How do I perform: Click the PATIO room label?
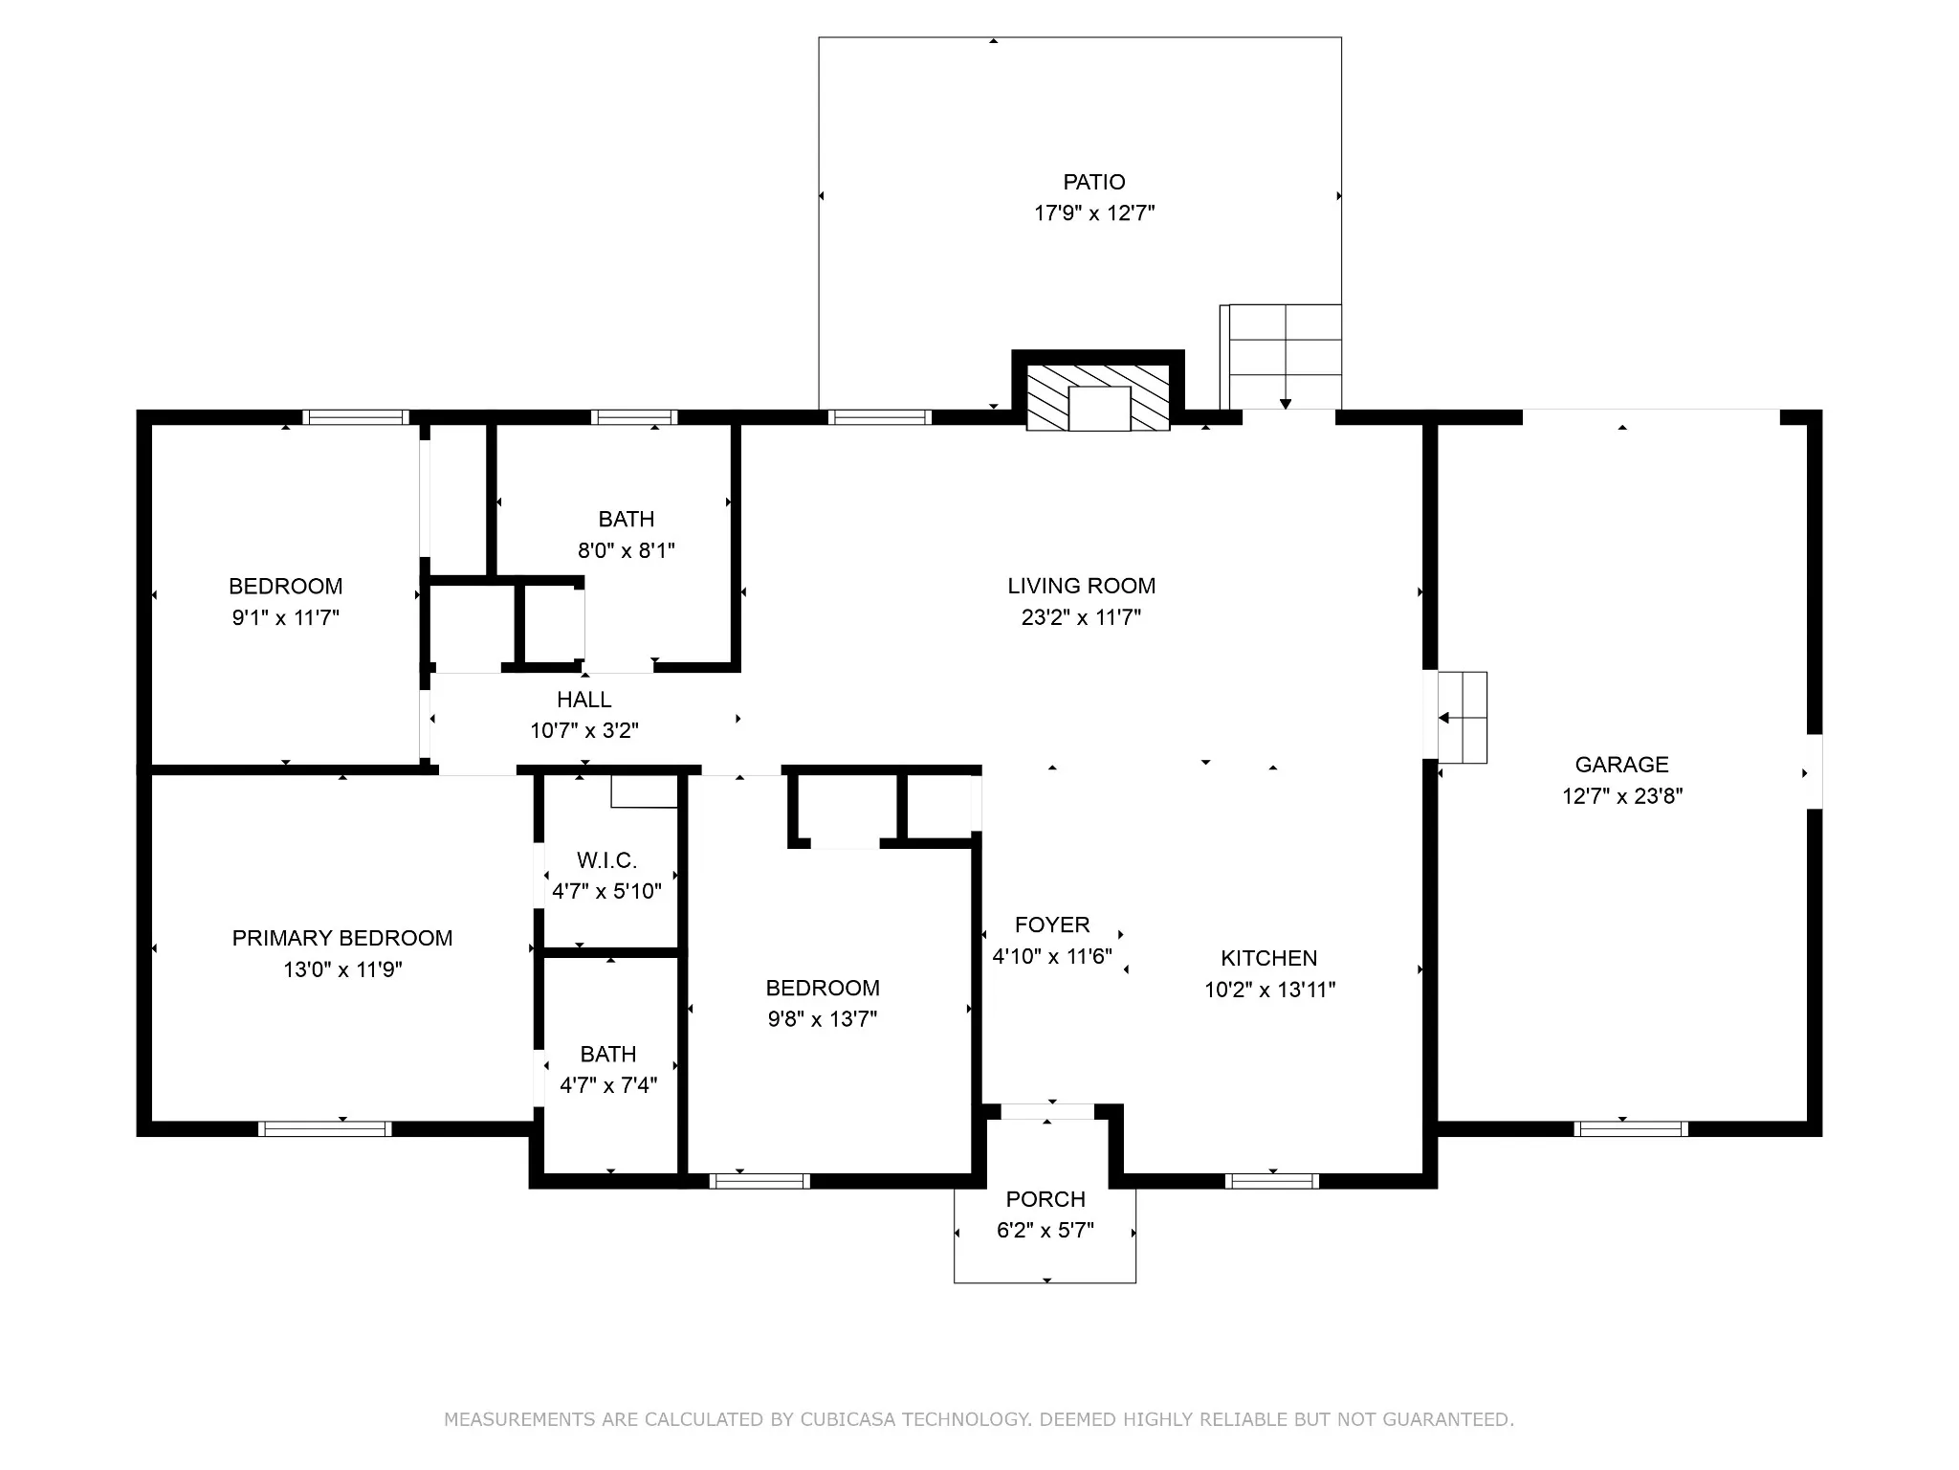[1094, 182]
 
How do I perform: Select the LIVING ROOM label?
[1081, 586]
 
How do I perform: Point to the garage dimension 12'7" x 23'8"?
[1622, 796]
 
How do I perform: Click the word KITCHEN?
[1269, 958]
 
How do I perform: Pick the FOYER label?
[1052, 924]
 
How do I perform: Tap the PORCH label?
[1046, 1199]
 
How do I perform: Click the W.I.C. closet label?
[606, 860]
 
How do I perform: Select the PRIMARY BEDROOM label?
[342, 938]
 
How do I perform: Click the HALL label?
[584, 700]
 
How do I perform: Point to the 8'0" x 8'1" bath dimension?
[627, 550]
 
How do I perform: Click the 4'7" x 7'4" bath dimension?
[608, 1085]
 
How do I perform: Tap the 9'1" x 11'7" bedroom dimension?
[286, 617]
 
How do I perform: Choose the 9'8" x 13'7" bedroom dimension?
[823, 1019]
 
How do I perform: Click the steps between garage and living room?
[1463, 718]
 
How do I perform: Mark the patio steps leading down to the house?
[1281, 357]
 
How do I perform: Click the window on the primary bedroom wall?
[325, 1129]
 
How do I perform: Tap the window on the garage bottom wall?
[1631, 1129]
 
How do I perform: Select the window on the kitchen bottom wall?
[1272, 1181]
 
